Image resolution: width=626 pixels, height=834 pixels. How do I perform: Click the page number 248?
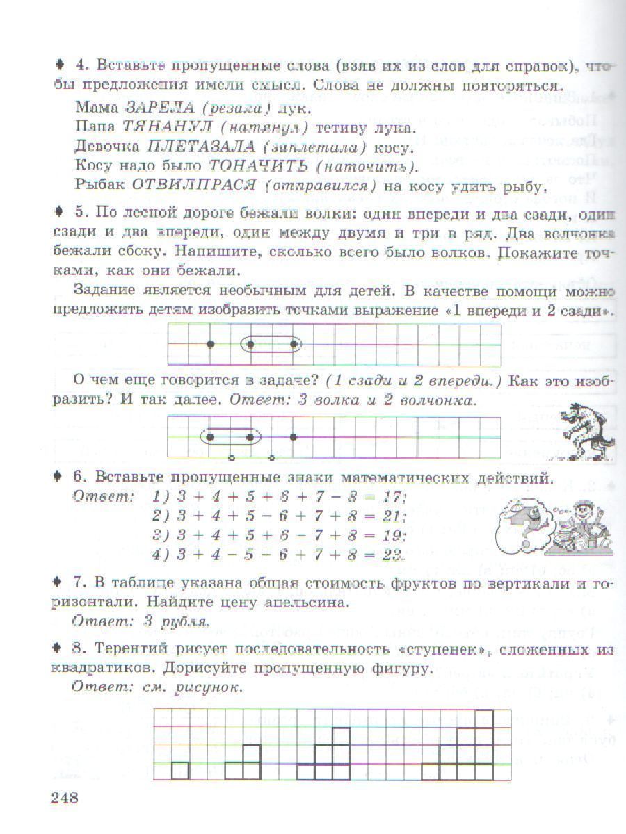(x=65, y=796)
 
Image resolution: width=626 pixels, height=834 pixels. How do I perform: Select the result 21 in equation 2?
(x=394, y=516)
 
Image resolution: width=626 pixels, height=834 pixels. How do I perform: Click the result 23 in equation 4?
(x=394, y=555)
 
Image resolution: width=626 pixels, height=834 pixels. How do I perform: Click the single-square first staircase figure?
(x=180, y=770)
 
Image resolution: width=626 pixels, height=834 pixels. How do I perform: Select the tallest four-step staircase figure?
(x=467, y=745)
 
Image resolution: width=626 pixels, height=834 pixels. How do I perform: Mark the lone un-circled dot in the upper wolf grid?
(x=210, y=344)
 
